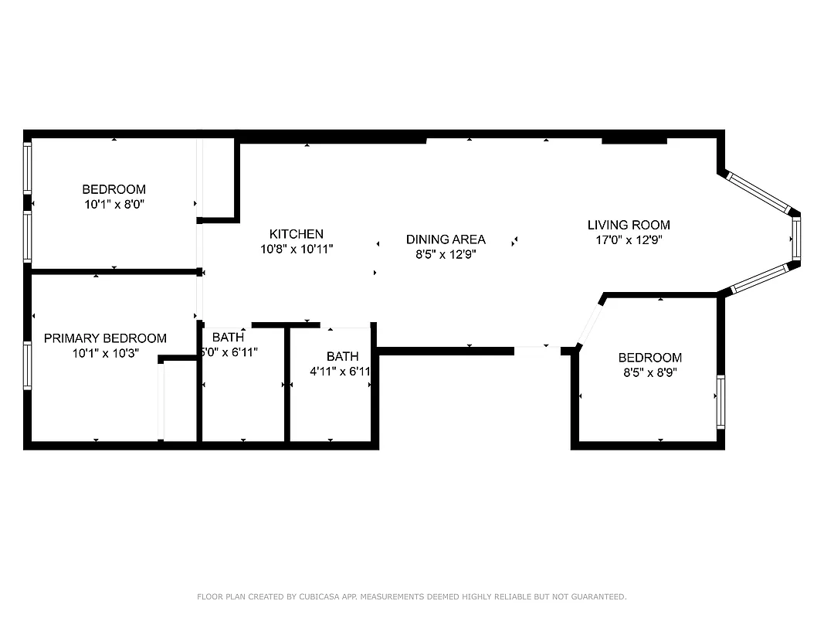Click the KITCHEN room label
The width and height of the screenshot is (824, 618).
(x=296, y=233)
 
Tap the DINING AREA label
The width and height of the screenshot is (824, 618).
(x=446, y=239)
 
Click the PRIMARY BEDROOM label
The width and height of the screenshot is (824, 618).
(x=105, y=338)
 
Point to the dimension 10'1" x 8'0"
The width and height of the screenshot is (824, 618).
(x=114, y=205)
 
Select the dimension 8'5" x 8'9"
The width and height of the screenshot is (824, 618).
(x=649, y=372)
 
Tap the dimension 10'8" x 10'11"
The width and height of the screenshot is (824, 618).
(x=297, y=249)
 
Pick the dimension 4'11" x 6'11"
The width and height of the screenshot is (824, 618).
(x=341, y=372)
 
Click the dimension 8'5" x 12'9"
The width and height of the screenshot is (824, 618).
(x=446, y=254)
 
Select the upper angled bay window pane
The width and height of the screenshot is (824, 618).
(x=761, y=193)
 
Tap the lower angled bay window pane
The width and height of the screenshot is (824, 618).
(x=761, y=279)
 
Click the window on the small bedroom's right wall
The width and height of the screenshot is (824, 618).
(x=721, y=402)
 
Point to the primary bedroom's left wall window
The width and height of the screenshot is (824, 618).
(x=28, y=366)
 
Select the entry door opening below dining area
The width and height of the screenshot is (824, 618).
(x=537, y=351)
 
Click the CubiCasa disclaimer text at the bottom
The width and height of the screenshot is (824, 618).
(x=412, y=596)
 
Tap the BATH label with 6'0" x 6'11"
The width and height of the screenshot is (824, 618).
(x=228, y=338)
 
